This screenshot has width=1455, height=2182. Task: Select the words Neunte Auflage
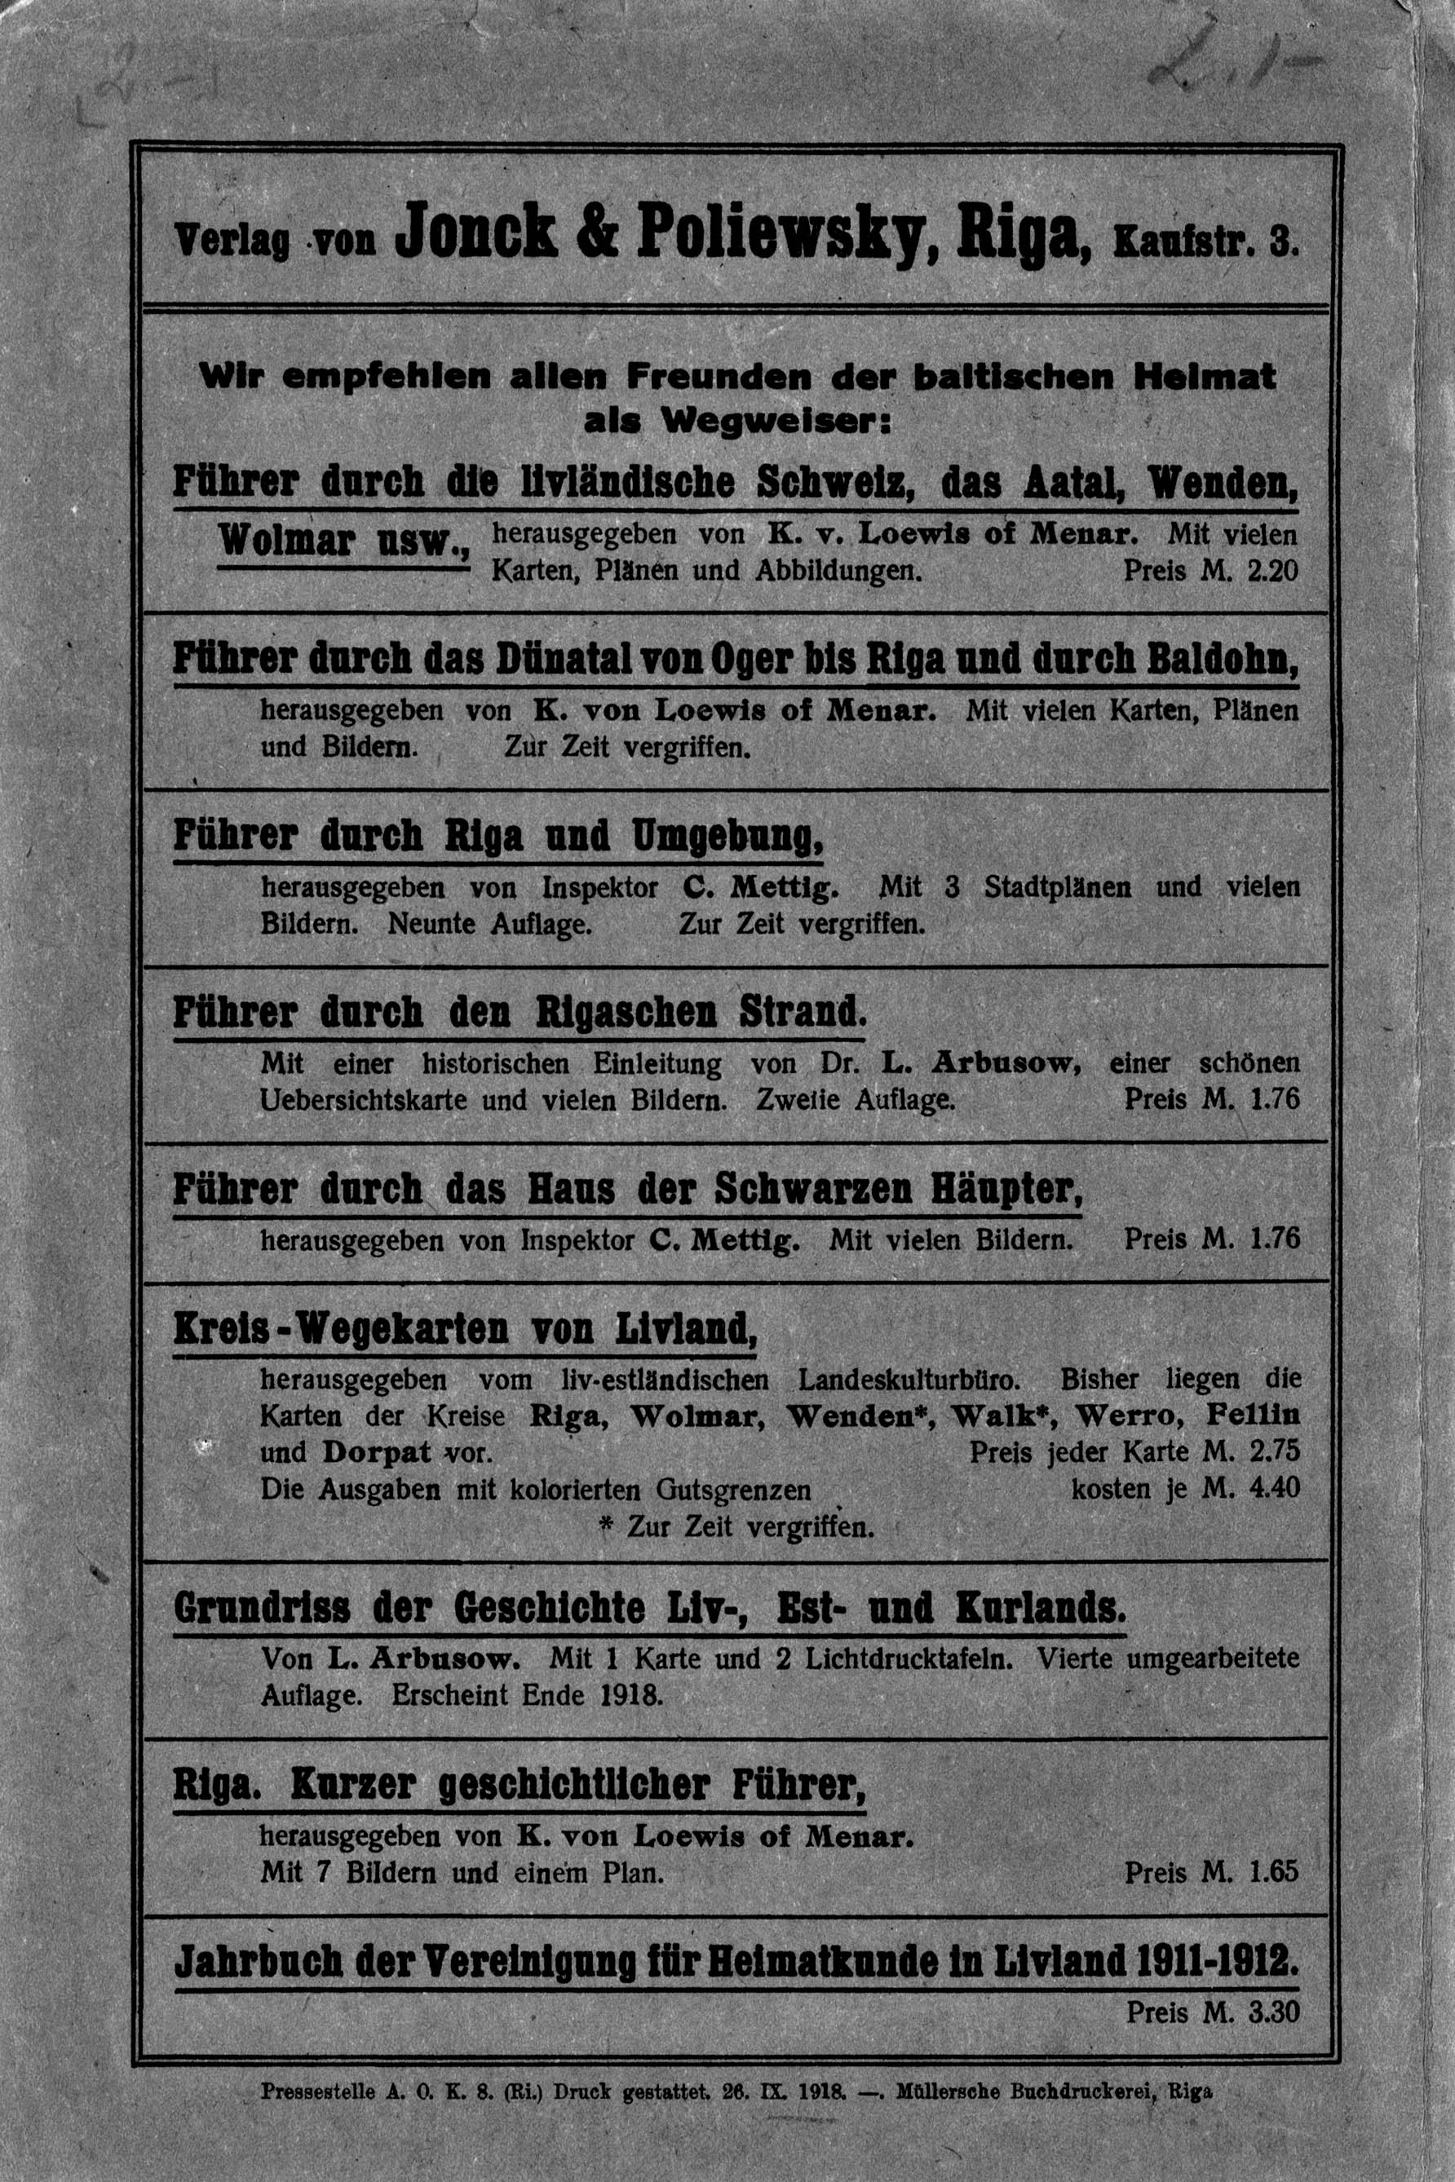pyautogui.click(x=489, y=925)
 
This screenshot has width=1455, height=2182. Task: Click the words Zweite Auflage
pyautogui.click(x=856, y=1100)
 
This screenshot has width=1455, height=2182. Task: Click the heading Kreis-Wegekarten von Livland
pyautogui.click(x=465, y=1331)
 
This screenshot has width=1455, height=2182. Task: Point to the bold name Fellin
pyautogui.click(x=1253, y=1416)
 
